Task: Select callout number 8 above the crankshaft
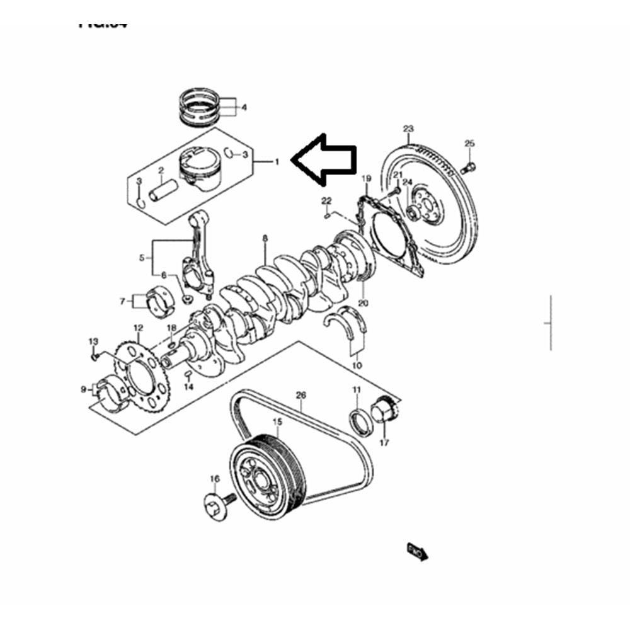click(265, 239)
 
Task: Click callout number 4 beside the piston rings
click(244, 108)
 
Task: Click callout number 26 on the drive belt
click(301, 396)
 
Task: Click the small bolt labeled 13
click(95, 357)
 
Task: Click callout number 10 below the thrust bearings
click(357, 365)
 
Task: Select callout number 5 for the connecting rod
click(141, 257)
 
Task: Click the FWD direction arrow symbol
click(418, 551)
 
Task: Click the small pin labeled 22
click(328, 216)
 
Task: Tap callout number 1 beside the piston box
click(276, 163)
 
